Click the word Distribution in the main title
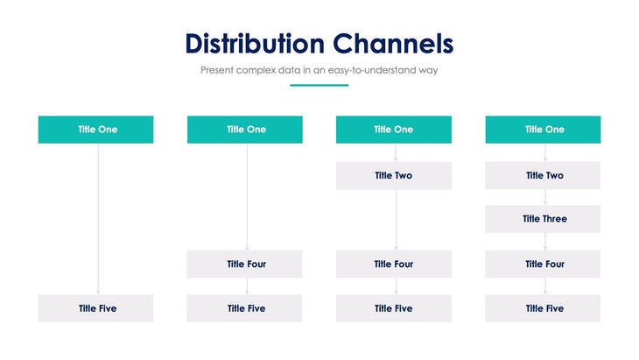coord(255,44)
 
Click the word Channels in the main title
coord(394,44)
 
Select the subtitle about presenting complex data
coord(319,70)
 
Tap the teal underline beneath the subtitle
coord(319,85)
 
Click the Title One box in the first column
coord(96,130)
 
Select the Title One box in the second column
coord(245,130)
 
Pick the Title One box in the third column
coord(394,130)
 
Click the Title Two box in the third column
coord(394,175)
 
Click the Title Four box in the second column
coord(245,264)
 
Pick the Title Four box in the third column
coord(394,264)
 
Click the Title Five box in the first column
coord(96,308)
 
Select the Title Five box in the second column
coord(245,308)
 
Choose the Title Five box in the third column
coord(394,308)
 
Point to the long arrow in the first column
coord(98,219)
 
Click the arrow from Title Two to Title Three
coord(544,197)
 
